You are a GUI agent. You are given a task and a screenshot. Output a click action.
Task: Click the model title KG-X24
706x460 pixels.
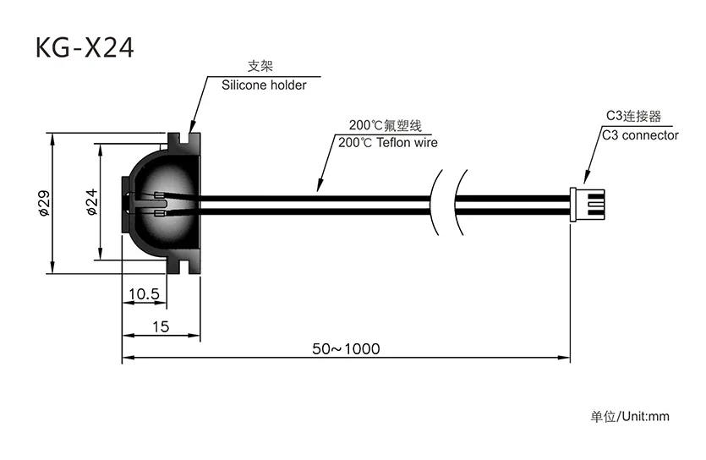pyautogui.click(x=85, y=47)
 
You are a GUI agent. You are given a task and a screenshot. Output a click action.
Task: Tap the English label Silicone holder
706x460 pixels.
pyautogui.click(x=264, y=85)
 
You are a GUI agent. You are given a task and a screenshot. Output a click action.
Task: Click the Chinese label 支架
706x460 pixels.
pyautogui.click(x=260, y=66)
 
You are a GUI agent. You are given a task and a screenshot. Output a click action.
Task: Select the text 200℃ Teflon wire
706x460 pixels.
pyautogui.click(x=388, y=143)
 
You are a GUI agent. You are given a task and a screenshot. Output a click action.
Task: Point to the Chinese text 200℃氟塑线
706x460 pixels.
pyautogui.click(x=386, y=125)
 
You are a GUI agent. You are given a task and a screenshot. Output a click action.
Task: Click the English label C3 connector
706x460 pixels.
pyautogui.click(x=640, y=135)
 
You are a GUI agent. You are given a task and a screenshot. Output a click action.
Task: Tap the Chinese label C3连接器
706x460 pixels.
pyautogui.click(x=633, y=116)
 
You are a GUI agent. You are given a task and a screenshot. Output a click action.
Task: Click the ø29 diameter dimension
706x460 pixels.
pyautogui.click(x=44, y=203)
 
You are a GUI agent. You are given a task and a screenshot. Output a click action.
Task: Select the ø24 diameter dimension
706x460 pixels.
pyautogui.click(x=91, y=201)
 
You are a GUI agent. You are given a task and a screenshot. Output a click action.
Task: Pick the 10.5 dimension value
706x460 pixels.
pyautogui.click(x=144, y=294)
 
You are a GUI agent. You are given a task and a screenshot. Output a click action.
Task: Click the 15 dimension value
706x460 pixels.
pyautogui.click(x=161, y=326)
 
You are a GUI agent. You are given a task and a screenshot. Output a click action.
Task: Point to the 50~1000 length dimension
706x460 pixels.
pyautogui.click(x=346, y=349)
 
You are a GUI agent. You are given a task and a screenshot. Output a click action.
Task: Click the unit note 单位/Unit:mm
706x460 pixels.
pyautogui.click(x=630, y=416)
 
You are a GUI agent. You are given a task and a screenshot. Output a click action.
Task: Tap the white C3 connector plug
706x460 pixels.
pyautogui.click(x=587, y=205)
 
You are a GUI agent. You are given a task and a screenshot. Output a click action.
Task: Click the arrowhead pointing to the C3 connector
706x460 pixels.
pyautogui.click(x=587, y=178)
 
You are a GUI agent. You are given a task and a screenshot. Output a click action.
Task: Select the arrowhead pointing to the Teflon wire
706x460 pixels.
pyautogui.click(x=320, y=185)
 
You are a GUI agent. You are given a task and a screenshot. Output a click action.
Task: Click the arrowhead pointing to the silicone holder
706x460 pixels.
pyautogui.click(x=192, y=127)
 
